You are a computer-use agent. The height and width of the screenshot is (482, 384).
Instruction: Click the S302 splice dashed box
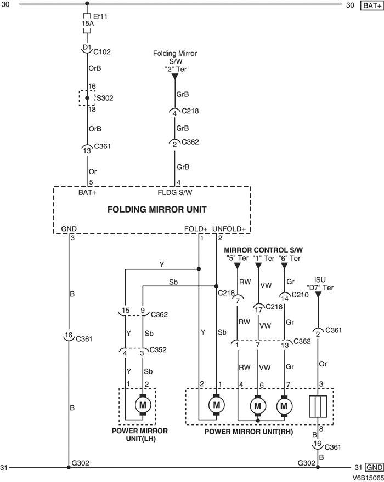[87, 99]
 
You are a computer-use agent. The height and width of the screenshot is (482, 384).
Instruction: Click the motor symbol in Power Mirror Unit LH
[144, 405]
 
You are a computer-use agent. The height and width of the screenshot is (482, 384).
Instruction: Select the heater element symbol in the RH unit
[318, 406]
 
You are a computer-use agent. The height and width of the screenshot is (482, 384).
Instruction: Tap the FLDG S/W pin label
[176, 192]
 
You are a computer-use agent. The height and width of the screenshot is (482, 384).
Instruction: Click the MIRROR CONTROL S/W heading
[263, 250]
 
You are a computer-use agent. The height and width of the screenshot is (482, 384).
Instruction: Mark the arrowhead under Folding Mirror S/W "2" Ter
[176, 77]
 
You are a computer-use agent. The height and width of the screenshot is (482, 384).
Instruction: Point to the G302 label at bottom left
[81, 463]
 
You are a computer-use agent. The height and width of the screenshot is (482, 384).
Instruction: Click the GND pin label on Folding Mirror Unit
[70, 228]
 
